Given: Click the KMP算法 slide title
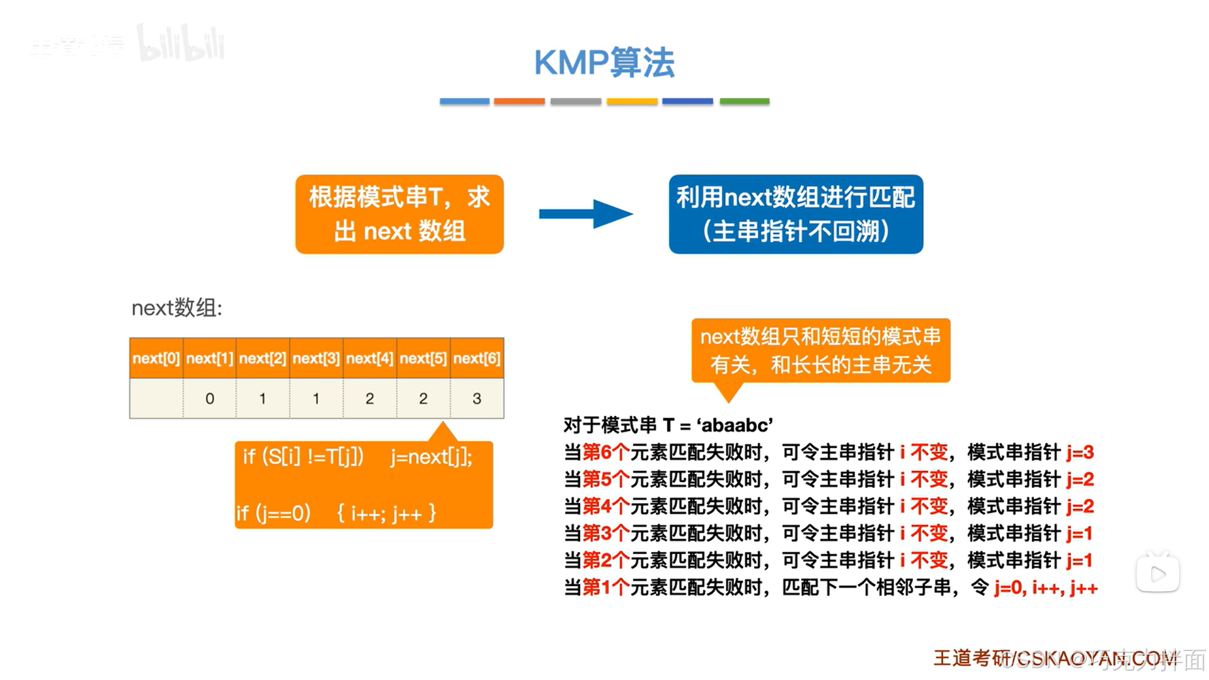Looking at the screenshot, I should (x=604, y=63).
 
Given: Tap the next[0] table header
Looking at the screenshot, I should (x=156, y=359).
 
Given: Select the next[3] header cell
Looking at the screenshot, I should (x=316, y=359).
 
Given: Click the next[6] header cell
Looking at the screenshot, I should (x=477, y=359).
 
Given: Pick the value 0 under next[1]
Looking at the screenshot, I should (x=210, y=398).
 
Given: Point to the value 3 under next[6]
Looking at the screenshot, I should (x=477, y=398).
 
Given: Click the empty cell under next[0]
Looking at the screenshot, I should (x=156, y=398).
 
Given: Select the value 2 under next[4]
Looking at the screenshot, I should (x=370, y=398).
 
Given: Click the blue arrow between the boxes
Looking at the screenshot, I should (x=585, y=214).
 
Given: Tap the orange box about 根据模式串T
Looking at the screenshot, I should (x=399, y=214).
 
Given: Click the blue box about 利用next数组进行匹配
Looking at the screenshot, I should (x=796, y=214).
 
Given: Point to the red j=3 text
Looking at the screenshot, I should (x=1080, y=452).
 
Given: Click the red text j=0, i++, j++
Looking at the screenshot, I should (x=1046, y=588).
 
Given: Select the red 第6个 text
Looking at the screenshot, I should (x=605, y=452).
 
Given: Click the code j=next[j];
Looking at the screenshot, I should (x=431, y=456).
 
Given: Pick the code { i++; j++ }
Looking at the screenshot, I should (x=386, y=514).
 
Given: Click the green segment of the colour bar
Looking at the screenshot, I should (x=744, y=101).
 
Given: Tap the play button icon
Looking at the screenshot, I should (x=1157, y=573).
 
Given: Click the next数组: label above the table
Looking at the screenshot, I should (x=177, y=308).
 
